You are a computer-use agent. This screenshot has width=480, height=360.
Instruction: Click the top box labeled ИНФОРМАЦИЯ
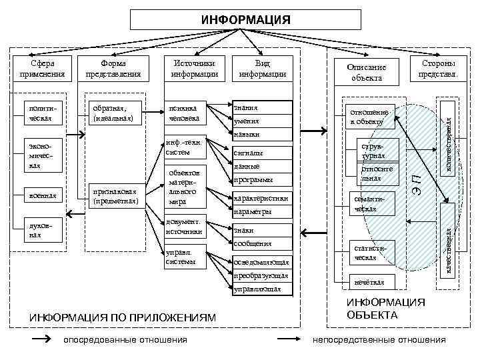coord(246,19)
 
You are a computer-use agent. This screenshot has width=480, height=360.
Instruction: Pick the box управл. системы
coord(187,257)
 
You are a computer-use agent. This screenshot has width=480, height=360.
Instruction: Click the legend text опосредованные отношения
coord(125,340)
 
